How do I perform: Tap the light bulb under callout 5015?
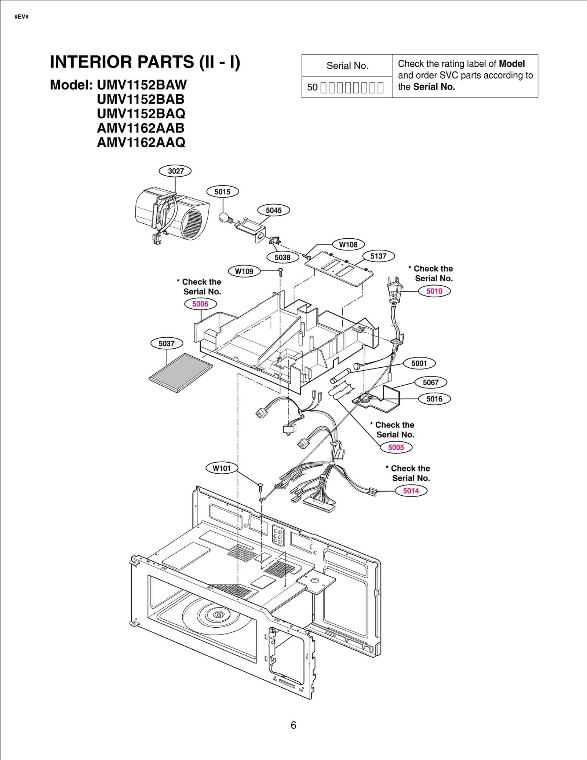click(x=225, y=218)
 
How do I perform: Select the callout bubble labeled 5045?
click(x=273, y=210)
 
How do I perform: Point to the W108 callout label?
click(x=348, y=245)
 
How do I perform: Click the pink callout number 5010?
click(x=434, y=291)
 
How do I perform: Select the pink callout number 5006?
click(x=200, y=304)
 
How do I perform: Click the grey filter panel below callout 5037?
click(x=181, y=373)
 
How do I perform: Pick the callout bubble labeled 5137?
click(x=378, y=256)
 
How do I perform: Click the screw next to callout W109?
click(x=281, y=272)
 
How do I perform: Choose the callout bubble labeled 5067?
click(x=431, y=382)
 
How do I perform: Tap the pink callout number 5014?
click(x=411, y=491)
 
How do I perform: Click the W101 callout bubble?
click(x=222, y=468)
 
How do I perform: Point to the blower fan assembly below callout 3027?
click(x=172, y=214)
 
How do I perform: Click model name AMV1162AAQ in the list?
click(x=141, y=142)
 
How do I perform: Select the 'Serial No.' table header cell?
click(x=347, y=66)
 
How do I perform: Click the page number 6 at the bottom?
click(x=293, y=725)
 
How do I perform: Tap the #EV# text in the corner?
click(x=22, y=16)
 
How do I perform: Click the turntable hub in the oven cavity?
click(x=218, y=614)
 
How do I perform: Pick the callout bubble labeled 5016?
click(x=434, y=399)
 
